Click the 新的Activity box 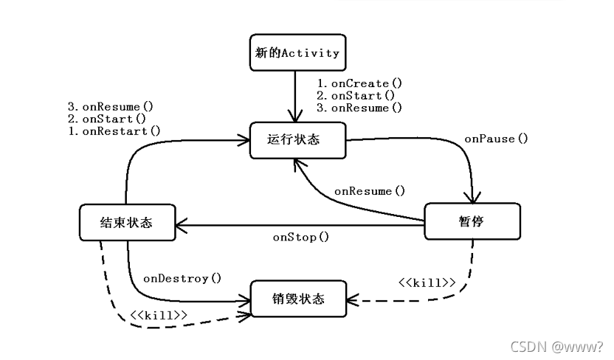[297, 52]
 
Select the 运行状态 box [297, 140]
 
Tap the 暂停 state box [472, 221]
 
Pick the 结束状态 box [127, 221]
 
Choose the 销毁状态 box [297, 299]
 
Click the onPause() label [496, 139]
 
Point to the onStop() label [301, 237]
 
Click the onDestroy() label [182, 278]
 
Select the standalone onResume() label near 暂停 [370, 191]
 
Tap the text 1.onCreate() [359, 83]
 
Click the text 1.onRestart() [114, 131]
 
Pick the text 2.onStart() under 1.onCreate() [356, 95]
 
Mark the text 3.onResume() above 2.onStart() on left [111, 106]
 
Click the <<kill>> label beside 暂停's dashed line [427, 283]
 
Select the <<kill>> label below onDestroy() [158, 315]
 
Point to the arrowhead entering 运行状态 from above [296, 117]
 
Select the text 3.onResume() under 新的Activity [359, 108]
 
